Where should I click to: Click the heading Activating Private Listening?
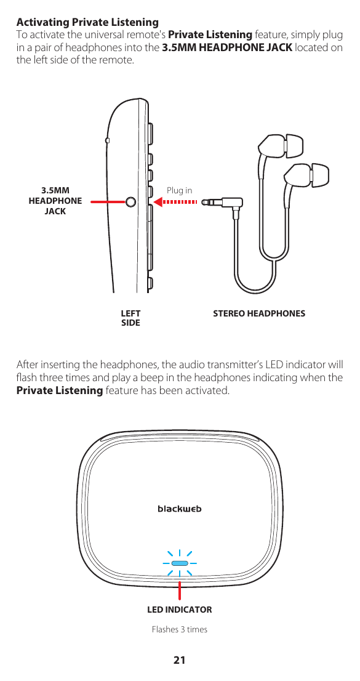point(87,23)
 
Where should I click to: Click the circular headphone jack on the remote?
point(131,201)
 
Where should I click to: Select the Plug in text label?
point(179,191)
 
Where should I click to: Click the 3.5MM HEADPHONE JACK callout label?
point(55,201)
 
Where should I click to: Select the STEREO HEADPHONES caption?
point(258,313)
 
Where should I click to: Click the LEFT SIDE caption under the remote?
point(130,318)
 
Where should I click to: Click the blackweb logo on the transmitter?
point(180,509)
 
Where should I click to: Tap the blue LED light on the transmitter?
point(180,563)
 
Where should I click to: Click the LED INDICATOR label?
point(179,610)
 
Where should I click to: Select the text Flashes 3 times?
point(179,629)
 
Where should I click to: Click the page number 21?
point(179,661)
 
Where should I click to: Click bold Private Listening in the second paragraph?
point(59,390)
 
